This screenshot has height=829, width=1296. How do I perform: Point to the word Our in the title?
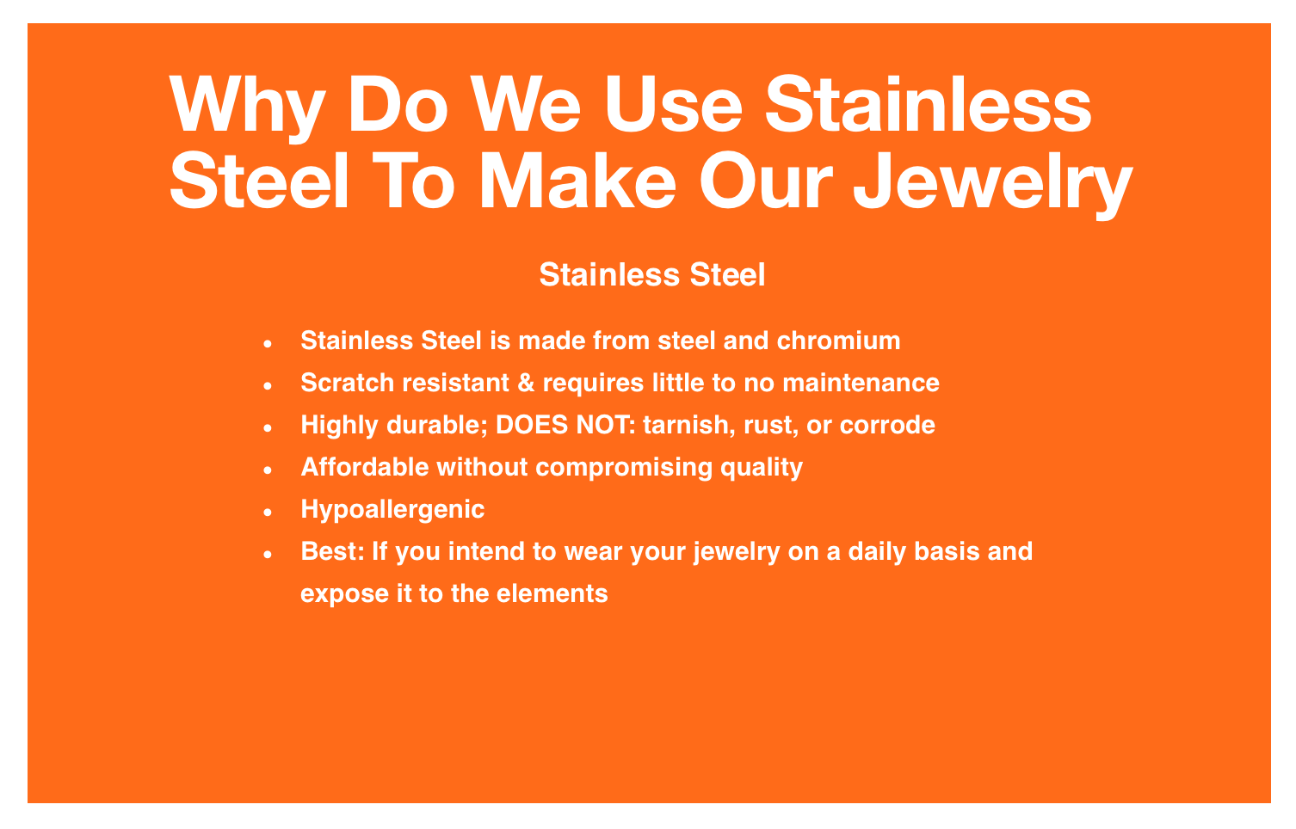click(x=767, y=180)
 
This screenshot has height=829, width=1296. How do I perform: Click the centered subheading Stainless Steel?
click(x=652, y=274)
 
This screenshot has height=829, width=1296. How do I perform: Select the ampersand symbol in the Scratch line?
click(x=525, y=383)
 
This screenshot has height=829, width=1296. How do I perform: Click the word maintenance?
click(x=861, y=383)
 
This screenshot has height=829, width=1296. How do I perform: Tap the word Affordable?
click(x=365, y=467)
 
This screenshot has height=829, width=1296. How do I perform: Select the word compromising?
click(x=624, y=468)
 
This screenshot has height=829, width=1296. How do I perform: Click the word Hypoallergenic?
click(x=392, y=510)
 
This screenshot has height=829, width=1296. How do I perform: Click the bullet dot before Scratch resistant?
click(x=268, y=385)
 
